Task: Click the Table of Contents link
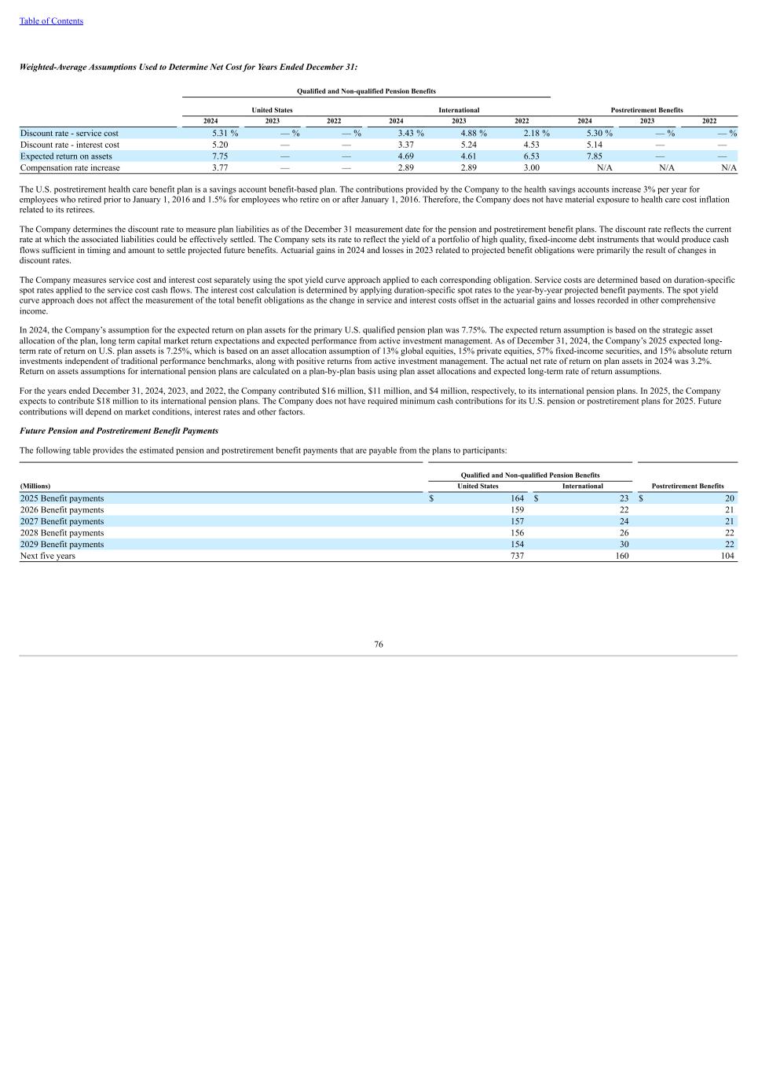(x=51, y=21)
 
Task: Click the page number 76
(x=379, y=644)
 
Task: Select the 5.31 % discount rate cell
(x=225, y=134)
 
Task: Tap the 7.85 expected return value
(x=595, y=156)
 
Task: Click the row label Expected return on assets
(x=66, y=156)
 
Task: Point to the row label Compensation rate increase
(x=70, y=167)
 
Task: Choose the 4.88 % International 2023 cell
(x=474, y=134)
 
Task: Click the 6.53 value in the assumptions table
(x=532, y=156)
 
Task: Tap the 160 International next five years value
(x=621, y=556)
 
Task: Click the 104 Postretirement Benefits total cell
(x=727, y=556)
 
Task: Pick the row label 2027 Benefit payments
(x=62, y=521)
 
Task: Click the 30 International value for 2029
(x=624, y=544)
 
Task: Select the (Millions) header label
(x=35, y=486)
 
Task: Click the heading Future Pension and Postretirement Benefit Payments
(x=119, y=431)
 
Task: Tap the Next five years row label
(x=48, y=556)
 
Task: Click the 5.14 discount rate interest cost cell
(x=595, y=145)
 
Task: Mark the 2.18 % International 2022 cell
(x=536, y=134)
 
